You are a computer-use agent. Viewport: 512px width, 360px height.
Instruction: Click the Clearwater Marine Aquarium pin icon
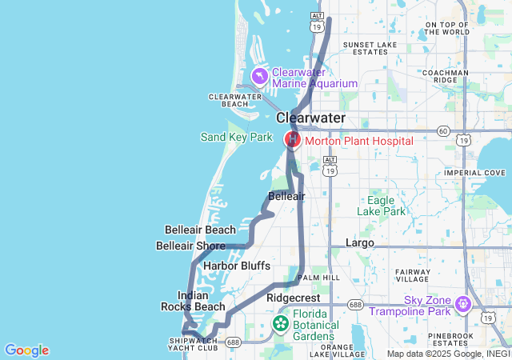tap(260, 76)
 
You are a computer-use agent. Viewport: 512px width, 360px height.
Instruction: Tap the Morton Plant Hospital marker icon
tap(293, 140)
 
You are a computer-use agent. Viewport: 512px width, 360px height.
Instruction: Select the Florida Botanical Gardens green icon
tap(281, 323)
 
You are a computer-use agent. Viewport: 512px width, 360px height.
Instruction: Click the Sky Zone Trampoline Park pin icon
tap(462, 304)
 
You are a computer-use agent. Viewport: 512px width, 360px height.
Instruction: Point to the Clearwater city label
tap(310, 118)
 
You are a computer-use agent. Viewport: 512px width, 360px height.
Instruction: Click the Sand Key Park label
tap(236, 138)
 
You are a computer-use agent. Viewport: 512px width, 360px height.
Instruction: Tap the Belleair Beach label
tap(200, 230)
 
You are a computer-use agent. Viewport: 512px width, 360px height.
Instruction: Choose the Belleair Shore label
tap(190, 246)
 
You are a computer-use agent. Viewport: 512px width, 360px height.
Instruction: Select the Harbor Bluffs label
tap(237, 266)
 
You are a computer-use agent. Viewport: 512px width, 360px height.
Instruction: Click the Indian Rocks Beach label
tap(193, 301)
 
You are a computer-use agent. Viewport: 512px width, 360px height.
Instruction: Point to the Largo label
tap(359, 242)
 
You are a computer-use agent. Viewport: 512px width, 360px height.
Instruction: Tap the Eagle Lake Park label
tap(386, 206)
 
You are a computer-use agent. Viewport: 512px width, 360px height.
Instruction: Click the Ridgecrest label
tap(293, 297)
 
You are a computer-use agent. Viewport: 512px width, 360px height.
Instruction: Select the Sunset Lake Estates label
tap(365, 48)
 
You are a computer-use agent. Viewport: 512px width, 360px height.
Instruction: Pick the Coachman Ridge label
tap(456, 76)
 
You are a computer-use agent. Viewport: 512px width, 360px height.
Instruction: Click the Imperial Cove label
tap(475, 172)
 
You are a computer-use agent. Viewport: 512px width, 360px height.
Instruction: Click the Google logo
tap(26, 350)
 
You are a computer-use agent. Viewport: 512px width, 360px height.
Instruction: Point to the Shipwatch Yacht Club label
tap(193, 343)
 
